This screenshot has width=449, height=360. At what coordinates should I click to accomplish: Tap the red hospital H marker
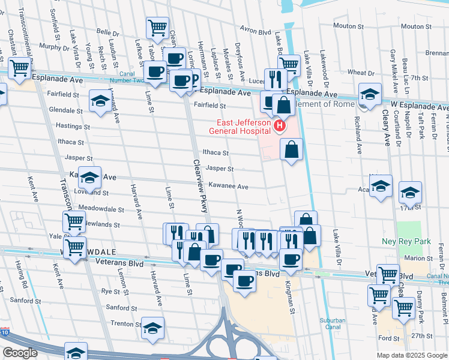click(x=279, y=126)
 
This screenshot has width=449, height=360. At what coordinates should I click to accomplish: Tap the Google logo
click(x=20, y=352)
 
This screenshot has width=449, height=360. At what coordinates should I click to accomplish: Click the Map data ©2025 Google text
click(x=411, y=355)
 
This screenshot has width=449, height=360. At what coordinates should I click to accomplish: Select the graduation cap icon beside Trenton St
click(x=152, y=328)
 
